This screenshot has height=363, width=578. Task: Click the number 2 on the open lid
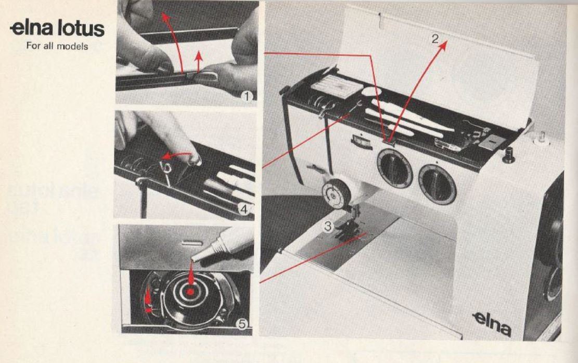coord(434,40)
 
